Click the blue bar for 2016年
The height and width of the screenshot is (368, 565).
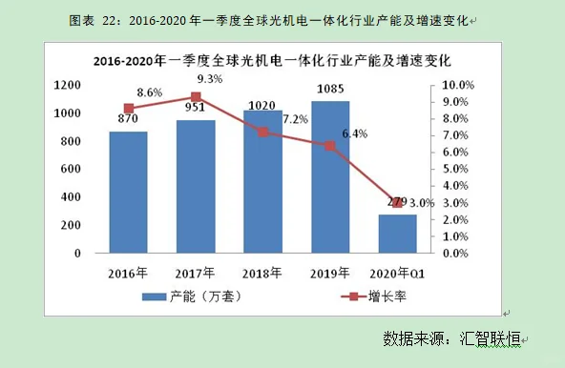tap(128, 193)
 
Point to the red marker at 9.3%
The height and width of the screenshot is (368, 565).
tap(196, 97)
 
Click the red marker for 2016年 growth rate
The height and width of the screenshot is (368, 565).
tap(128, 109)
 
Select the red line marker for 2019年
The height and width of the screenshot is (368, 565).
tap(330, 146)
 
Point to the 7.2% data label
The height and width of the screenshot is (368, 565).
tap(296, 120)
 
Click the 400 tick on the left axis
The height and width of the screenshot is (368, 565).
tap(71, 197)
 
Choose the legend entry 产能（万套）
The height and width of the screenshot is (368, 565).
tap(196, 296)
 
